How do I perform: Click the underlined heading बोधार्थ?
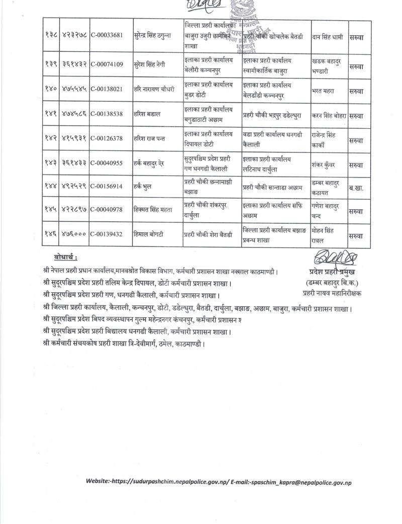(x=65, y=258)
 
